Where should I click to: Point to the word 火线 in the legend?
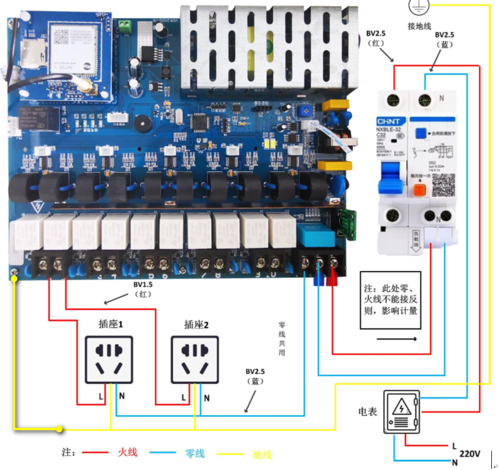[127, 453]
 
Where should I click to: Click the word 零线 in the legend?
[194, 453]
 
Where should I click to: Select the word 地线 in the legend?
[262, 454]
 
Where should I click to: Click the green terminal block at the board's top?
[126, 25]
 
